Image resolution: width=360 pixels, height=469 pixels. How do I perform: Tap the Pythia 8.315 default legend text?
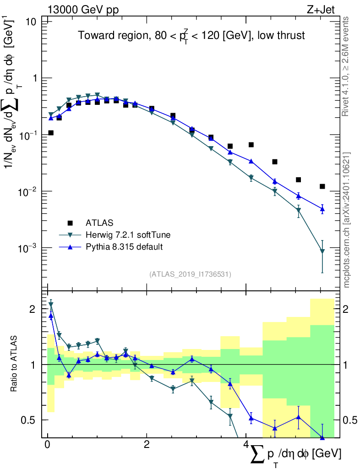124,247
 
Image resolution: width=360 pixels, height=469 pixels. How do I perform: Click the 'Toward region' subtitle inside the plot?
191,35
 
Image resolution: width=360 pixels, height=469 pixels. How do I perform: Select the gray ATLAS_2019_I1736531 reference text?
190,274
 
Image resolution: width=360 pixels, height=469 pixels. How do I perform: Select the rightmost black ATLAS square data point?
322,186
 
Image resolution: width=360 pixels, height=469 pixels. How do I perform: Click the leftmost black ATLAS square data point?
51,133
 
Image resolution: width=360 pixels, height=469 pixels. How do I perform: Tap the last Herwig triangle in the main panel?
322,251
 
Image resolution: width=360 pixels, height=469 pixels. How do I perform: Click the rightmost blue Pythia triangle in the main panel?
322,209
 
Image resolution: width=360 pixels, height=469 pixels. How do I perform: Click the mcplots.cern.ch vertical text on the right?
347,220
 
